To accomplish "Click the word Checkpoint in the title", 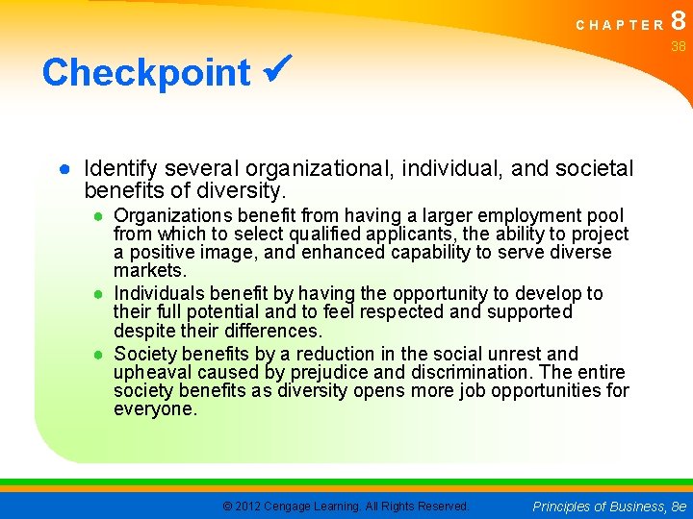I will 145,73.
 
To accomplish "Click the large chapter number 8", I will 679,21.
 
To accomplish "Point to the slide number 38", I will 679,46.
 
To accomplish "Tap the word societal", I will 595,169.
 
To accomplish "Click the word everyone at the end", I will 154,409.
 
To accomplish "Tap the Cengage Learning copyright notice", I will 346,506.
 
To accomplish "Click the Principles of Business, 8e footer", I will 608,506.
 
